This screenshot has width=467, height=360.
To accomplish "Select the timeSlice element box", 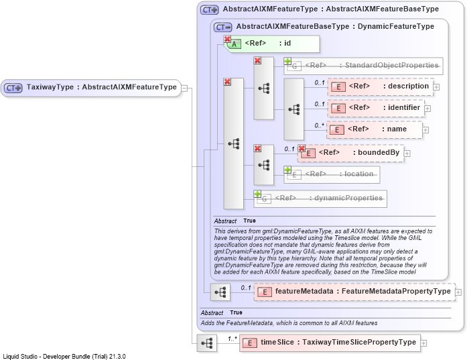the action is [330, 343].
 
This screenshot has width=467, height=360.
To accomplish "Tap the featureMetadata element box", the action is [354, 292].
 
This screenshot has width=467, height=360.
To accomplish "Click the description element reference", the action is [381, 86].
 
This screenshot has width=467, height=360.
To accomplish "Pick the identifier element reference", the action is [376, 108].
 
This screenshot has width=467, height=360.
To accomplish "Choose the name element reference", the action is [375, 129].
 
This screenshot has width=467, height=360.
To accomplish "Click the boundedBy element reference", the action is [351, 153].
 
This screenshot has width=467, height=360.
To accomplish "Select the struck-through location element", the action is [332, 174].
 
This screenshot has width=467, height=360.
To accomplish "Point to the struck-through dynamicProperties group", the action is [320, 199].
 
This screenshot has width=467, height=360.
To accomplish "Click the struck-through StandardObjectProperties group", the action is [363, 66].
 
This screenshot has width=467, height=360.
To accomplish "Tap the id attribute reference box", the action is [271, 44].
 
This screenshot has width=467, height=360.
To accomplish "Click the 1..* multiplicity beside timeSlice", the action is [232, 339].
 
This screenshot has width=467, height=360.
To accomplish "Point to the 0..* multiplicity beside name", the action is [320, 126].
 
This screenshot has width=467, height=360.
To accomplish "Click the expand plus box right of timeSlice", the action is [423, 343].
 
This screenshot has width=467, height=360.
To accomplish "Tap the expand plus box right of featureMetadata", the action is [459, 292].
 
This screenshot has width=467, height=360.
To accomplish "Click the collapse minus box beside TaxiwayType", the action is [185, 88].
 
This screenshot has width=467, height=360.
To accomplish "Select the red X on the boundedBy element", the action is [302, 148].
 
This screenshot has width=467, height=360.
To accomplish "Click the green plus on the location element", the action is [287, 170].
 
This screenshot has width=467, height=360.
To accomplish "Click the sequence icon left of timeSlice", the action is [207, 343].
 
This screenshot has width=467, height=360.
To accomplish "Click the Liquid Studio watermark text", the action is [64, 357].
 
